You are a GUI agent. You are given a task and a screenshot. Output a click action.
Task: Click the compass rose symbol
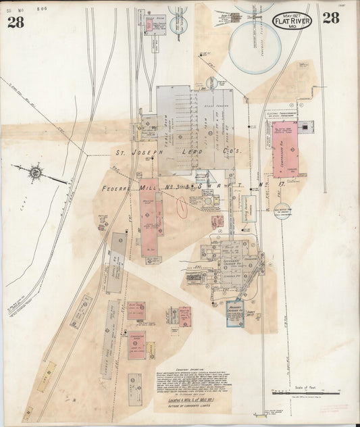(35, 172)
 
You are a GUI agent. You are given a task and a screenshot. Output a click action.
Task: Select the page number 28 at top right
(330, 18)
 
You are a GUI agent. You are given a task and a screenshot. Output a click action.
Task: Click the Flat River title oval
(292, 22)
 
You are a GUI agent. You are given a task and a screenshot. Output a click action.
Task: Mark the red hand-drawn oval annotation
(180, 205)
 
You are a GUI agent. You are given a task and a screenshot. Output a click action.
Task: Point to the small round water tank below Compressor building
(282, 211)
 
